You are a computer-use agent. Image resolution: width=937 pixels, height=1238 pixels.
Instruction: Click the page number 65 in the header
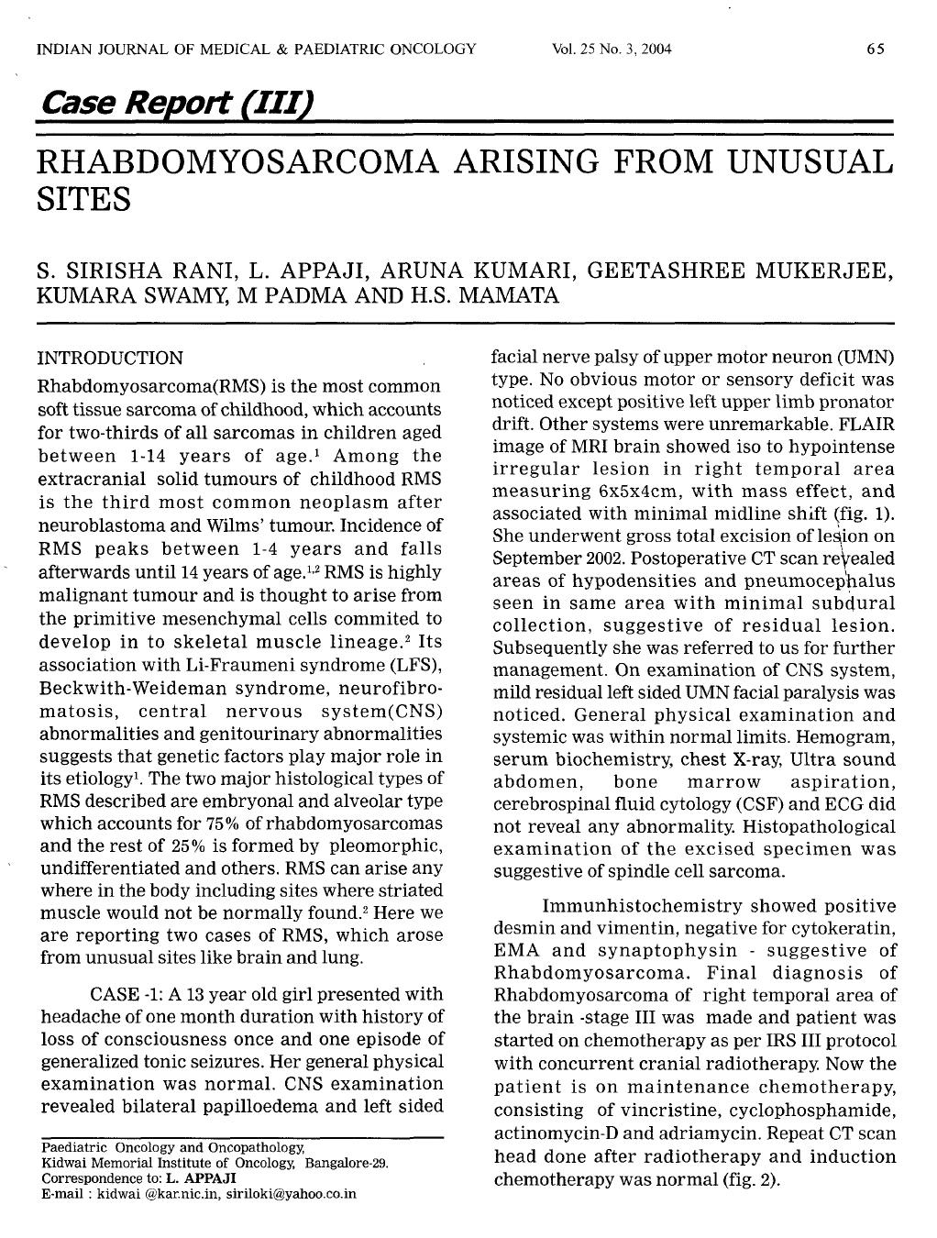875,49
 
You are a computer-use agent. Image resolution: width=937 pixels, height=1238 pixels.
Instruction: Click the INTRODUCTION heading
110,359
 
